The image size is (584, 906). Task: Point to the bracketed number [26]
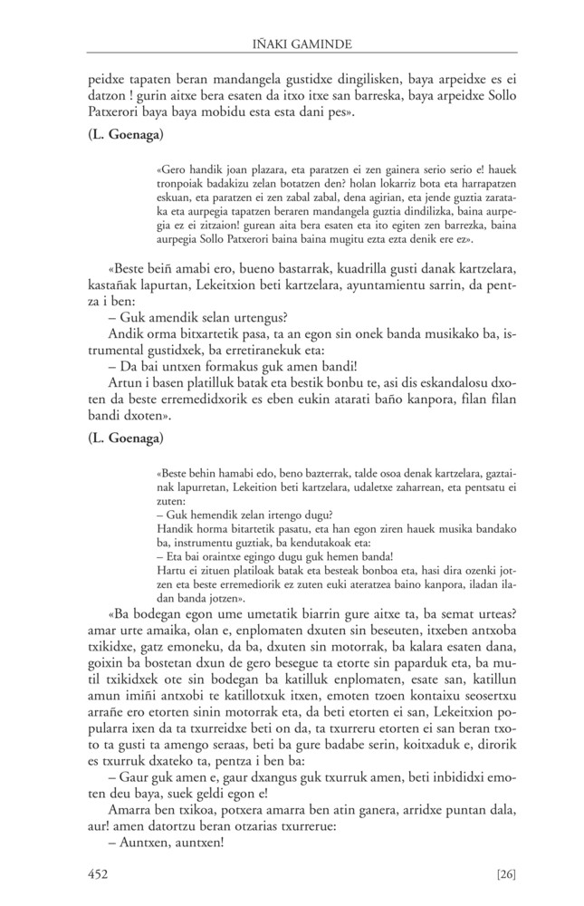point(506,873)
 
